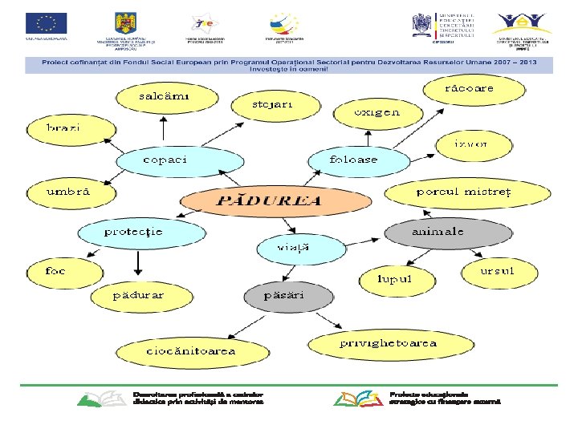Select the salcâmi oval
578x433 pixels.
166,97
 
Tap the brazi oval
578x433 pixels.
63,128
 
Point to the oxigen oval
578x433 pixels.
377,113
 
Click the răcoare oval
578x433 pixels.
470,87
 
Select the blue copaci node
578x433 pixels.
178,160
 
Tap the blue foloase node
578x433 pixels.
354,160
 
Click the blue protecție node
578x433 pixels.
133,233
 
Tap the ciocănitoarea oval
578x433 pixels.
190,351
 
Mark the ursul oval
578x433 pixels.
497,272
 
